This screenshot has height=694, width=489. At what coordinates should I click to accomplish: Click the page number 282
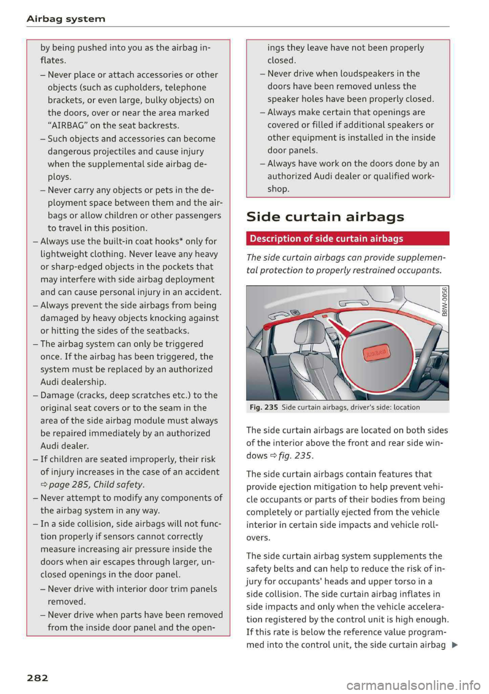tap(37, 678)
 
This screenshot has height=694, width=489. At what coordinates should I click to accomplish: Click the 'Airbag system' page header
tap(66, 19)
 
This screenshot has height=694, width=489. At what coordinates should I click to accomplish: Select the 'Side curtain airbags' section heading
tap(325, 217)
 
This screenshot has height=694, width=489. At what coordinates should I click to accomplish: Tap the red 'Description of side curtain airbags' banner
tap(347, 238)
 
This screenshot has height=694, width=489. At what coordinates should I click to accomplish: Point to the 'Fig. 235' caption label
tap(263, 407)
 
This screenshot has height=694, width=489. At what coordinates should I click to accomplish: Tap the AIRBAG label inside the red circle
tap(375, 352)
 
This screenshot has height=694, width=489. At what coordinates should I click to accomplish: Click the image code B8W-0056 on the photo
tap(445, 302)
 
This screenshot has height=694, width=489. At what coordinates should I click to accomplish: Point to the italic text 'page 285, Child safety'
tap(97, 485)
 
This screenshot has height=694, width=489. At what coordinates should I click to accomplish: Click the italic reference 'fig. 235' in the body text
tap(296, 456)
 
